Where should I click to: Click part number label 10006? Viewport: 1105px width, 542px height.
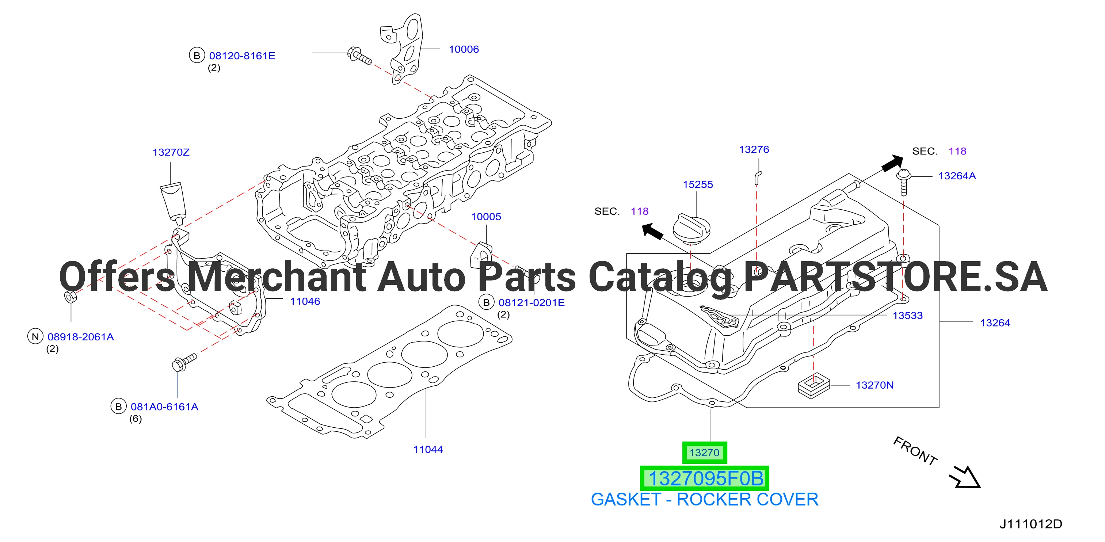tap(464, 49)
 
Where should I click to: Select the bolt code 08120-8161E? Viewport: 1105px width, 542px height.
tap(242, 56)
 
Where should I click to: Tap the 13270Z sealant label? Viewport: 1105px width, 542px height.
tap(171, 152)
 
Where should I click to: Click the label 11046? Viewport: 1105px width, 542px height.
tap(305, 301)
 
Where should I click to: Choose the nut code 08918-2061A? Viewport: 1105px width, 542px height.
tap(81, 337)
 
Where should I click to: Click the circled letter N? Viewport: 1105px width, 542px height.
tap(35, 337)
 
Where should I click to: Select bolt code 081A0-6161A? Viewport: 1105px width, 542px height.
tap(164, 407)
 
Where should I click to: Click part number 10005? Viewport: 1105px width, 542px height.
tap(486, 217)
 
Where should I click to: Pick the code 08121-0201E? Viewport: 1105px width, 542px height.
tap(531, 303)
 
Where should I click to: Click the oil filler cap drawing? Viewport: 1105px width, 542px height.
tap(691, 229)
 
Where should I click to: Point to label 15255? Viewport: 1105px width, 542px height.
tap(698, 184)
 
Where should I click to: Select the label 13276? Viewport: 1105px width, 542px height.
tap(754, 150)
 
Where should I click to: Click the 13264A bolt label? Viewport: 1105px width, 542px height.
tap(957, 176)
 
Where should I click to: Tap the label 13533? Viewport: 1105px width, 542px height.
tap(908, 316)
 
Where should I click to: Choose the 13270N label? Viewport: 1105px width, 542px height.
tap(875, 385)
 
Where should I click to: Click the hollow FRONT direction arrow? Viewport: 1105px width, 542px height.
tap(965, 477)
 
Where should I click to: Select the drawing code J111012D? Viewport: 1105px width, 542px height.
tap(1031, 524)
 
